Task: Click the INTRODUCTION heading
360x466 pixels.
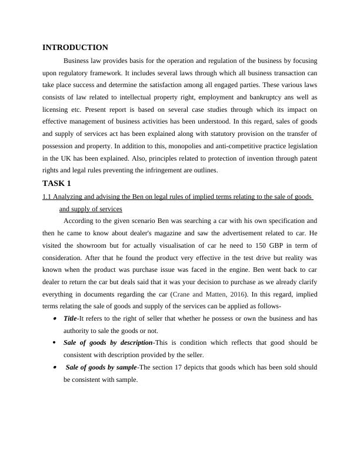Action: pos(75,47)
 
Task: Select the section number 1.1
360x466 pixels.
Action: pos(47,197)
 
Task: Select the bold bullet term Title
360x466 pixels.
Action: pos(70,318)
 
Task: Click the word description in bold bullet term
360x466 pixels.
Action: pos(135,342)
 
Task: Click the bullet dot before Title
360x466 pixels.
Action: pos(55,318)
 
